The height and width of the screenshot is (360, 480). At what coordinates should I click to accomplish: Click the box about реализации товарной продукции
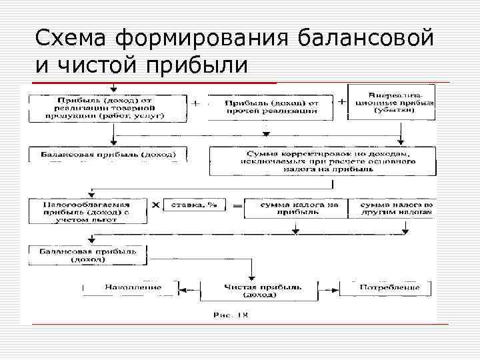[107, 107]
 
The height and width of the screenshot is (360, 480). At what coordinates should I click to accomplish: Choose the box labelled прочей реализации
[271, 107]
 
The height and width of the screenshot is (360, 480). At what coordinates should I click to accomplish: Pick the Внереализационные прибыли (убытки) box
[391, 102]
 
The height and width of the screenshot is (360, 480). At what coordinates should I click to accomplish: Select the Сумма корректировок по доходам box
[321, 161]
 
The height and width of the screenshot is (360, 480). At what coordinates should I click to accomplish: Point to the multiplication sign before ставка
[155, 205]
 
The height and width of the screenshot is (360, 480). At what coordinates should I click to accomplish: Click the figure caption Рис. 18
[230, 314]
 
